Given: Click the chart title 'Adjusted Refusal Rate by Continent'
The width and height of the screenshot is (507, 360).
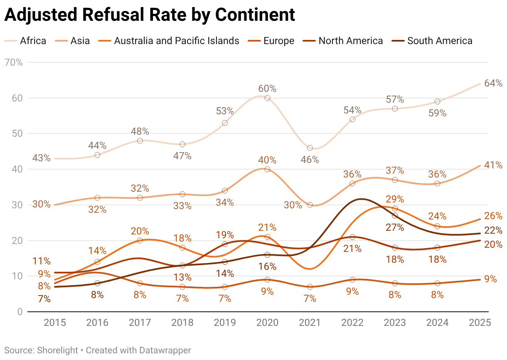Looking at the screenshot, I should coord(150,15).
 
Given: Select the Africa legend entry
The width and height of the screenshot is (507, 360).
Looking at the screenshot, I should coord(25,41).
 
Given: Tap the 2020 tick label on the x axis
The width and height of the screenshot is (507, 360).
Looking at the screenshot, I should coord(267,323).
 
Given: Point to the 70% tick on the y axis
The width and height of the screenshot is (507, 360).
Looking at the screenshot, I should coord(14,63).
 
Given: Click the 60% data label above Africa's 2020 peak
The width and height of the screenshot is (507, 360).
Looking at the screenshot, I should coord(267,89).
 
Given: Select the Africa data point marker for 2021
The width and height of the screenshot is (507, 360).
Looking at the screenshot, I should coord(310,148).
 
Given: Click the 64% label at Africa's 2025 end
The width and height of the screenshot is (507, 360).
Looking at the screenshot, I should coord(493,83).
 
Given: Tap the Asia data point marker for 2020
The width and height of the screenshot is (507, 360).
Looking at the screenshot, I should coord(267,169).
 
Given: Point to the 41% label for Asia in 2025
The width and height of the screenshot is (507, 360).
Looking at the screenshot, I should coord(493,165).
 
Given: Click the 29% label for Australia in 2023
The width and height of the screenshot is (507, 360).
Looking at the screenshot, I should coord(395,199).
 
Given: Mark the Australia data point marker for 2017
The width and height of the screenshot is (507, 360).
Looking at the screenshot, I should coord(140,240).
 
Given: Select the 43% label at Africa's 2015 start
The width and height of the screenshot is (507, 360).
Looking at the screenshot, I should coord(41,158).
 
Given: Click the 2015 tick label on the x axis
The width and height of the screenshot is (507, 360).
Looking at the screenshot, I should coord(54,323).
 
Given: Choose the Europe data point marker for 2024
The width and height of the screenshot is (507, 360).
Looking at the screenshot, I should coord(437,283).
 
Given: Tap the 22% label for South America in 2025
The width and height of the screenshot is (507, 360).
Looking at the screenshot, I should coord(493,231).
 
